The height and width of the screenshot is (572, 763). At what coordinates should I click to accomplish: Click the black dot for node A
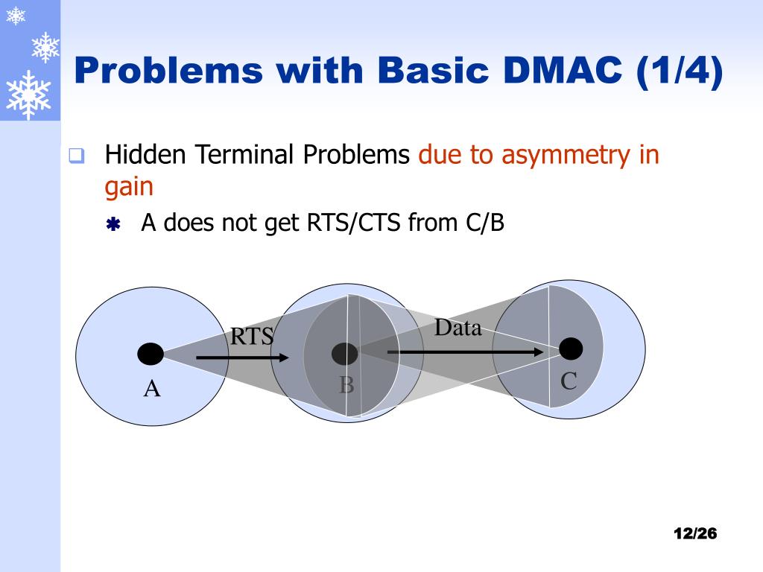tap(151, 354)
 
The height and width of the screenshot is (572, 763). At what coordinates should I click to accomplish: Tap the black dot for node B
tap(344, 354)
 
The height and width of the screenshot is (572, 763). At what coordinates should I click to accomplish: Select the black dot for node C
tap(571, 348)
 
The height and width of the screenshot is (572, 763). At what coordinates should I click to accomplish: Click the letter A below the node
tap(152, 388)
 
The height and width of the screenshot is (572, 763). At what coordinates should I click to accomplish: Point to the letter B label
tap(346, 385)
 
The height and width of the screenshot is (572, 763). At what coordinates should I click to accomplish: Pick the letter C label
tap(569, 381)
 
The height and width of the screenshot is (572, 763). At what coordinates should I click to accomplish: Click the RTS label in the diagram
tap(252, 337)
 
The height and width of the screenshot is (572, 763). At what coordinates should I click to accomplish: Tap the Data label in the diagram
tap(458, 328)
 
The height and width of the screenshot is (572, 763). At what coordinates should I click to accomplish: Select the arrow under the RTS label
tap(242, 358)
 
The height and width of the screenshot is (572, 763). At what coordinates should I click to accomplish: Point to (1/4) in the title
tap(680, 71)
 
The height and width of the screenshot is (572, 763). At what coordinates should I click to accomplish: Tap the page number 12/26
tap(694, 533)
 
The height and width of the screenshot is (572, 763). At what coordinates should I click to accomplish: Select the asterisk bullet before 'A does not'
tap(113, 224)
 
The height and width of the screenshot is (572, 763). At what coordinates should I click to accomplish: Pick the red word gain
tap(129, 186)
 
